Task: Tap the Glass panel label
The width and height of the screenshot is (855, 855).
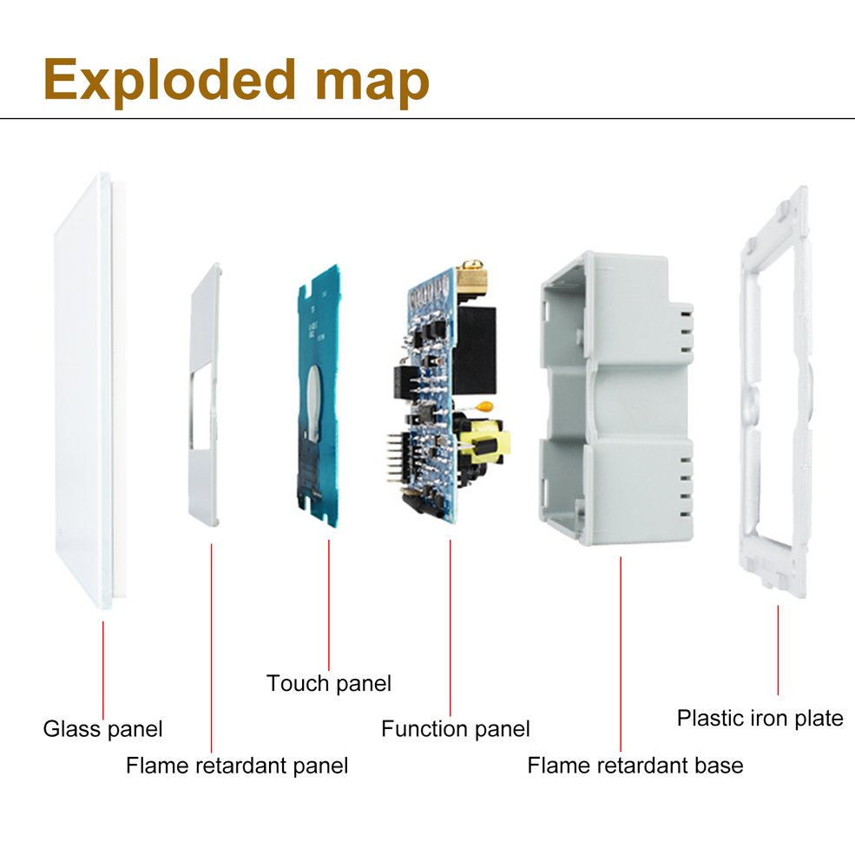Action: coord(102,727)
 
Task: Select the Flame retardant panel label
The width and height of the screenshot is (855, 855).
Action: coord(236,765)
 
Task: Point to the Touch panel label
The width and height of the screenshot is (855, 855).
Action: coord(328,683)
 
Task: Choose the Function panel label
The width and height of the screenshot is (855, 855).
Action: coord(455,728)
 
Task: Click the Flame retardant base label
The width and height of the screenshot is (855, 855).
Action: coord(635,765)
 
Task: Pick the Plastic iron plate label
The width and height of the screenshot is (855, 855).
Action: coord(760,718)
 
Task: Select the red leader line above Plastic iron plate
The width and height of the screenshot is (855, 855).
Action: coord(778,651)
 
